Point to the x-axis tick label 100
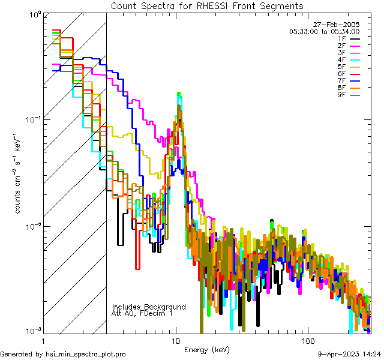[x=307, y=340]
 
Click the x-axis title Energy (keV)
[x=207, y=349]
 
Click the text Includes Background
[x=149, y=307]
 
